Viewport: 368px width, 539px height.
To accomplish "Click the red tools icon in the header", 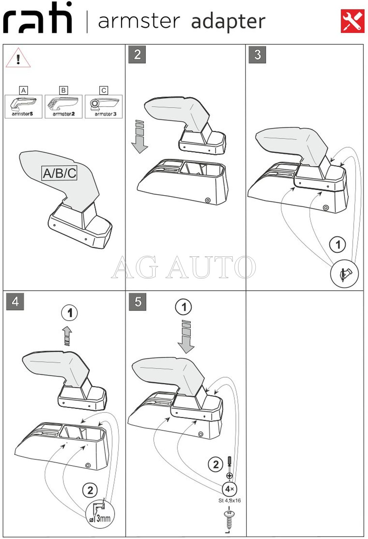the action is click(x=352, y=21).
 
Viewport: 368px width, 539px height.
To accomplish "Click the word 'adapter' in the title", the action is click(x=228, y=22).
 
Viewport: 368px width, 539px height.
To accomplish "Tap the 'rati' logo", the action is click(x=37, y=18).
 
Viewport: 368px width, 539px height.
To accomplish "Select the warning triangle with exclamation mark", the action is click(x=18, y=58).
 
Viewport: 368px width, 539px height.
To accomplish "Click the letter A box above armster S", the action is click(x=24, y=90).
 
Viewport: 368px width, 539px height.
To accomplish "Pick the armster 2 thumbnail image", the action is click(x=63, y=106).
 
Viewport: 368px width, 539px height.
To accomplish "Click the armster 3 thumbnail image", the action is click(x=104, y=106).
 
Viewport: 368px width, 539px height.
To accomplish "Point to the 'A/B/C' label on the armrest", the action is click(x=59, y=173).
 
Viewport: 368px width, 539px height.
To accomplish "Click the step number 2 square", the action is click(x=137, y=55).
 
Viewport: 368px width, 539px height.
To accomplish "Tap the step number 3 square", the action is click(x=257, y=55).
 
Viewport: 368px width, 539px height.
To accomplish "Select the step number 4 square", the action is click(x=15, y=301).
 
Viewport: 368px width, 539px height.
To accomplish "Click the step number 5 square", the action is click(x=138, y=302).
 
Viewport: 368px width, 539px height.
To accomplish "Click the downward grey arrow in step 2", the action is click(x=139, y=136).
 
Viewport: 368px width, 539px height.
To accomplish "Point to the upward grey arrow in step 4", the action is click(x=67, y=336).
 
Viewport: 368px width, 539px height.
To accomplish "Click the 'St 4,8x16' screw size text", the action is click(x=230, y=500).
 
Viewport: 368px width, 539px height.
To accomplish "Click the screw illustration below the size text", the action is click(x=229, y=521).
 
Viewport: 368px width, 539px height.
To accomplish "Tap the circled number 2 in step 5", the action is click(x=215, y=464).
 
